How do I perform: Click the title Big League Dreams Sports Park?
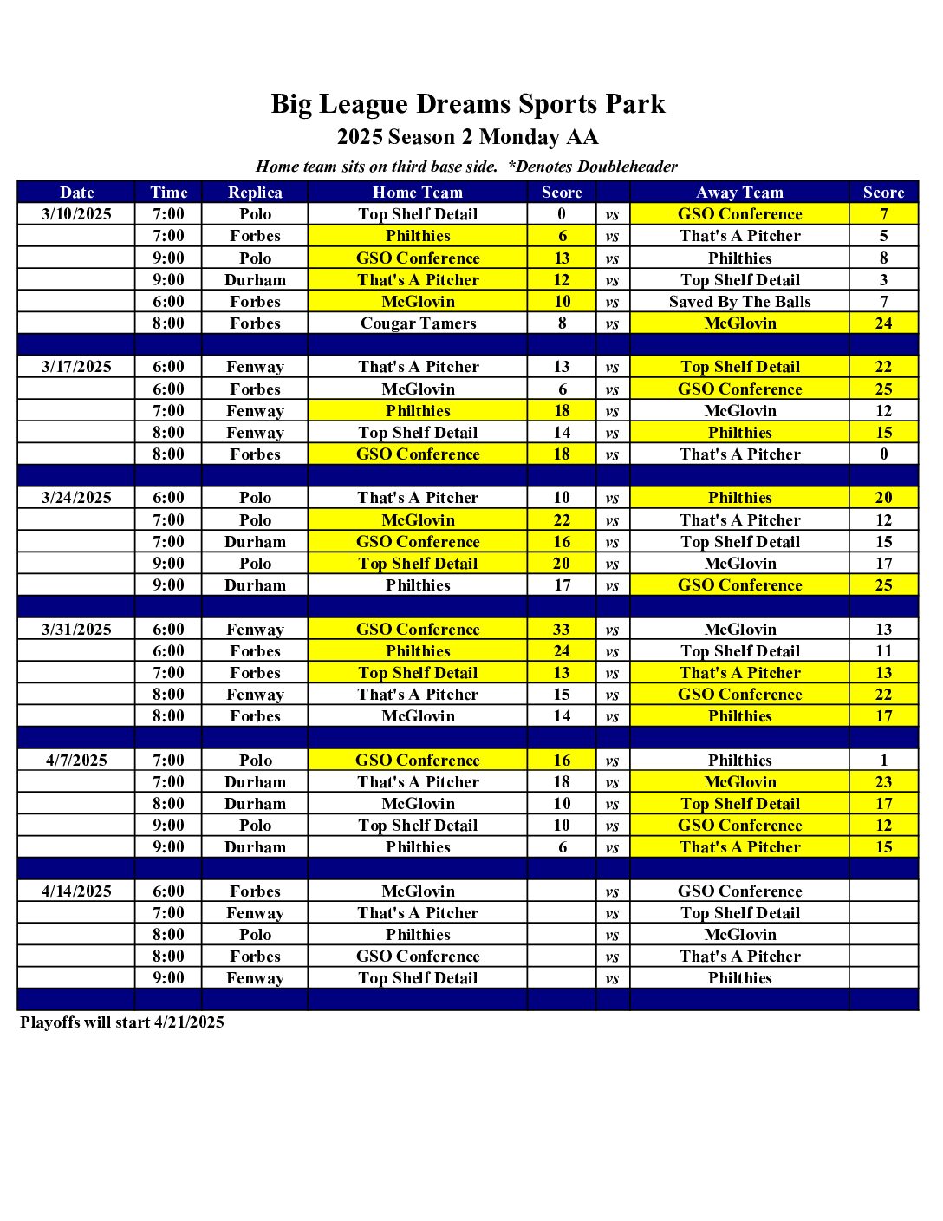468,104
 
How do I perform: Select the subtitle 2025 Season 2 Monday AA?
468,137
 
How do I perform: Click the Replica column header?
255,193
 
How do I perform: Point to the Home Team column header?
418,193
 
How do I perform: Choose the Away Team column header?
739,193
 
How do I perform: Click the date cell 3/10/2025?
76,214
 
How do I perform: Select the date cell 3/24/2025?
76,498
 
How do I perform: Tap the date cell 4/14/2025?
76,891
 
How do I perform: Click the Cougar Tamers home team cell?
418,323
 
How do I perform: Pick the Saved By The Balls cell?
739,302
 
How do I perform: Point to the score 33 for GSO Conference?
562,630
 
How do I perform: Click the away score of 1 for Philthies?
883,761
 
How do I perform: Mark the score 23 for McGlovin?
883,782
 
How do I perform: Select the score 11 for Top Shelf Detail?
883,651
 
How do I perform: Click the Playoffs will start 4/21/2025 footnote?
122,1022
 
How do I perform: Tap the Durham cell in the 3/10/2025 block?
255,280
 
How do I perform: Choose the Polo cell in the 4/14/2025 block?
255,935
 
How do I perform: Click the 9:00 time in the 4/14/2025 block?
168,978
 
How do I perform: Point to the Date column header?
76,193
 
